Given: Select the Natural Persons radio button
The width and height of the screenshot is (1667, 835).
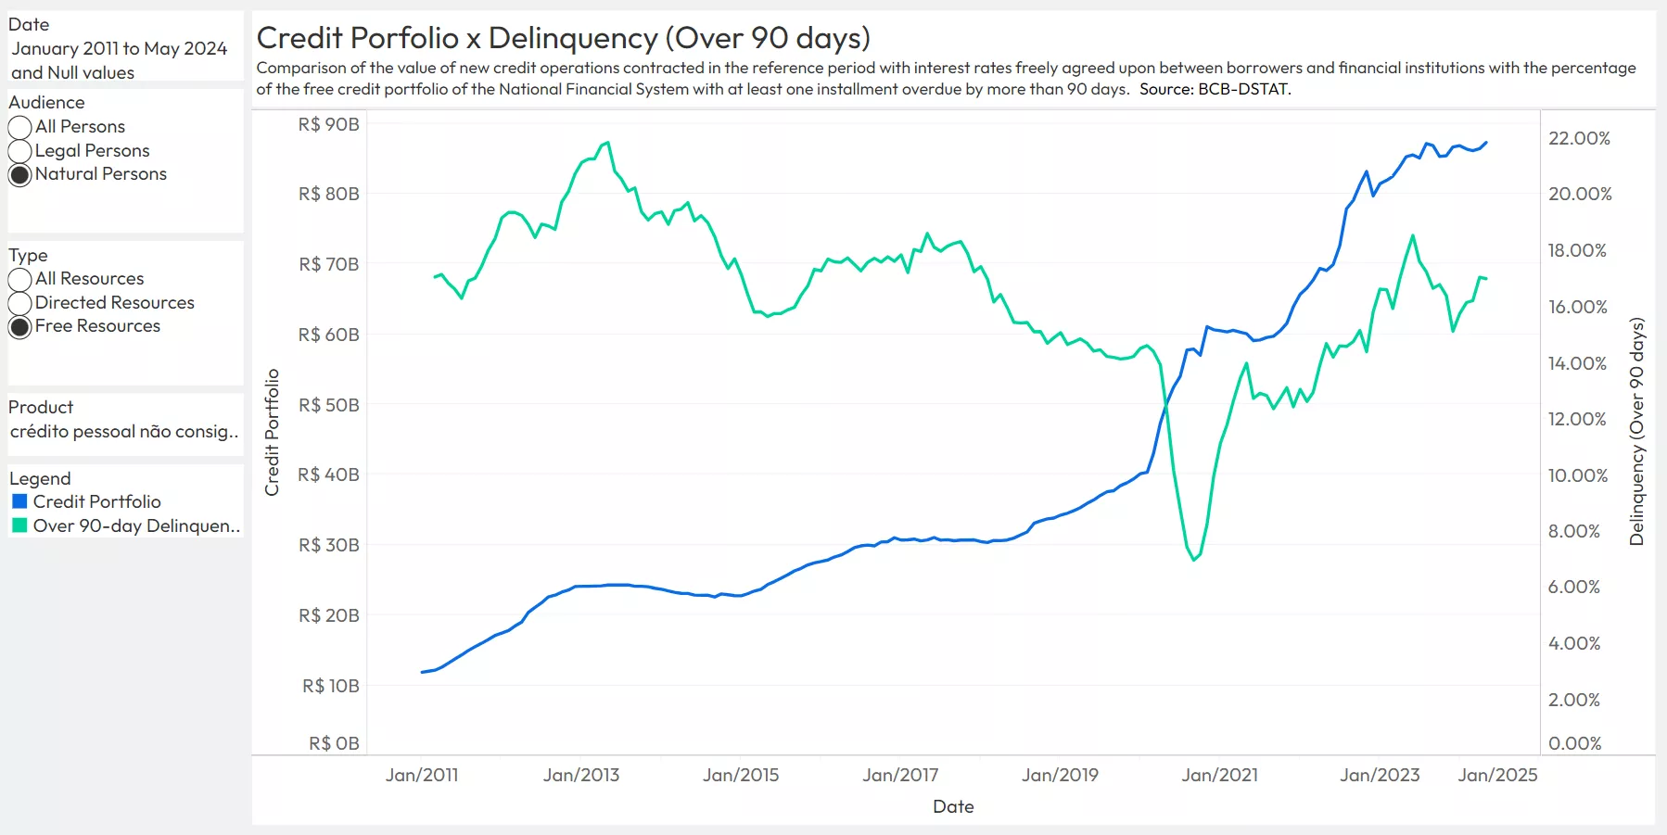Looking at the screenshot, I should click(20, 175).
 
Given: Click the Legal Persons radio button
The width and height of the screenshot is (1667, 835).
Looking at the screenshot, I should click(20, 151).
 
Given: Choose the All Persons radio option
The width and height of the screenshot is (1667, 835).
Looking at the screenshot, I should click(20, 127).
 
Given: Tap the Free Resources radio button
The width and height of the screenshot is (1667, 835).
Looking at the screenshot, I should click(20, 327).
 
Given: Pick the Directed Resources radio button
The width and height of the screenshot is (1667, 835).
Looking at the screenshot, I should click(20, 303).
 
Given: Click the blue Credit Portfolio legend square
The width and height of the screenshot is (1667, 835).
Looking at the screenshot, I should click(19, 501).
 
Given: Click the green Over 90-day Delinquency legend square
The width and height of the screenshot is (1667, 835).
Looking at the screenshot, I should click(19, 525).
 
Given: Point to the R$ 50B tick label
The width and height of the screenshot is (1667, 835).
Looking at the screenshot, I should click(328, 405).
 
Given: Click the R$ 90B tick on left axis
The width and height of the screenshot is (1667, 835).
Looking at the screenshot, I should click(328, 124).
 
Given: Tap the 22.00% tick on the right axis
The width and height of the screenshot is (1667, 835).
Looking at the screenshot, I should click(1579, 138).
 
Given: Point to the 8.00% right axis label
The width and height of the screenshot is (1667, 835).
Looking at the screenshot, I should click(1574, 531).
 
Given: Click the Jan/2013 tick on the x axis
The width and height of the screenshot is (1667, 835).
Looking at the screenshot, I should click(581, 775).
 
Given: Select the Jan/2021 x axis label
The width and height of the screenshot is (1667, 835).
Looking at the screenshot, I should click(1219, 775).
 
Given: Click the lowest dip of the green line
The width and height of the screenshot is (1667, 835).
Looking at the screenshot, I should click(1194, 560).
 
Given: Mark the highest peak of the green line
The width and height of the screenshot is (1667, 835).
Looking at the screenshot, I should click(607, 143).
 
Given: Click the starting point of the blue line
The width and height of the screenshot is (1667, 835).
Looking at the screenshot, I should click(423, 672).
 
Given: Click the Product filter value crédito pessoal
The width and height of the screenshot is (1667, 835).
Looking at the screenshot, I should click(124, 431).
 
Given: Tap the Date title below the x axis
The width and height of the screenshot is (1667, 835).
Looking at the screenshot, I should click(953, 806).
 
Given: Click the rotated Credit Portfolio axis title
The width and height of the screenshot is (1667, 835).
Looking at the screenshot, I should click(272, 432).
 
